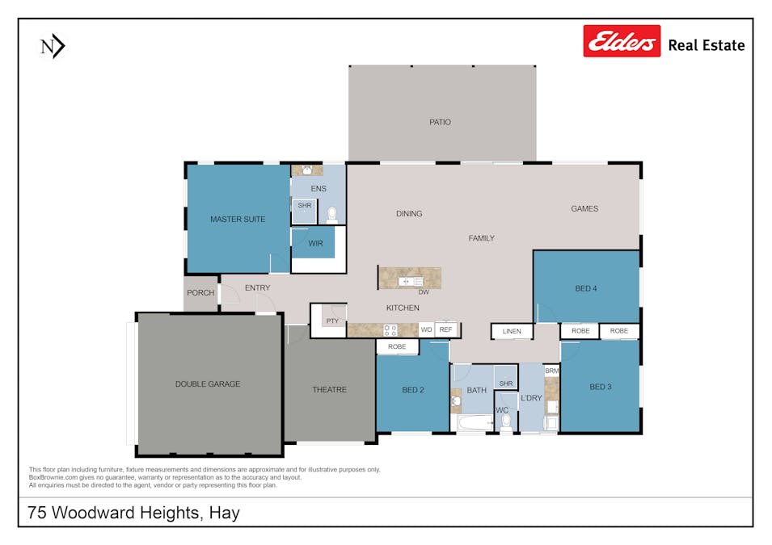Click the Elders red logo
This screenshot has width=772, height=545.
(622, 41)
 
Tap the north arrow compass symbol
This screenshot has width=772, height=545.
(52, 48)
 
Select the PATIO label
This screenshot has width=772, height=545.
(441, 122)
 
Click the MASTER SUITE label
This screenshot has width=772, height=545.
(238, 219)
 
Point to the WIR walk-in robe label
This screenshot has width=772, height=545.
(316, 243)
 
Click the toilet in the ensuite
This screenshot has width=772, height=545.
(331, 215)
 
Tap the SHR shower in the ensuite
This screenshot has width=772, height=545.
(304, 206)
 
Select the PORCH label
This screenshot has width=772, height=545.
(200, 292)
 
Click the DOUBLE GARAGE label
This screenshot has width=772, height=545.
(208, 384)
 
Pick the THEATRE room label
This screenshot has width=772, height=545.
(329, 390)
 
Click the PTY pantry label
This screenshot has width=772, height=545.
(332, 321)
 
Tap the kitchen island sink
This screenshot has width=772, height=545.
(407, 280)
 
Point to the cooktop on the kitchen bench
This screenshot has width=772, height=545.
(390, 329)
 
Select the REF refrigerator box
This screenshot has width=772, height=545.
(445, 329)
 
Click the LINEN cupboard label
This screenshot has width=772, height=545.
(512, 331)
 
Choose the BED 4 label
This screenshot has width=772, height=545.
(586, 288)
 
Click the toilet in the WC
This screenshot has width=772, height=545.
(506, 421)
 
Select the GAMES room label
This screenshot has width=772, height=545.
(584, 208)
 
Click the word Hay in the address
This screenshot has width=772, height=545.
(224, 513)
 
